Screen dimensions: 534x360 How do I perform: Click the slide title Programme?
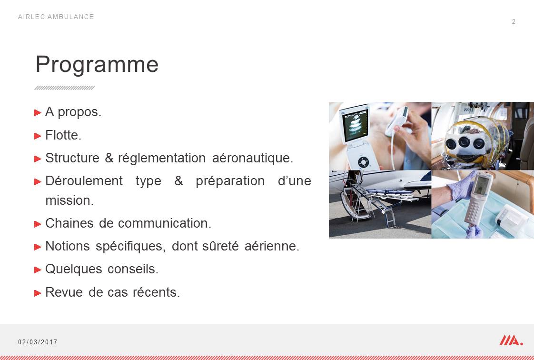click(x=97, y=65)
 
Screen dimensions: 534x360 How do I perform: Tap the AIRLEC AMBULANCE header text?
click(x=56, y=17)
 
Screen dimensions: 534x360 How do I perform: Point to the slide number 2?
click(x=514, y=22)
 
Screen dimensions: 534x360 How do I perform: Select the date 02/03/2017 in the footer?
click(x=38, y=342)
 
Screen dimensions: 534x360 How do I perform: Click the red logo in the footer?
click(x=511, y=340)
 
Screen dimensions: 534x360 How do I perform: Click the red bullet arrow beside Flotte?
click(x=38, y=136)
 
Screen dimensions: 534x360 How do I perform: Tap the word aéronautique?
click(x=252, y=158)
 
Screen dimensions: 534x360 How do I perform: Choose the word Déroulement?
click(x=84, y=181)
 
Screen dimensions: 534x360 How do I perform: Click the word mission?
click(x=69, y=200)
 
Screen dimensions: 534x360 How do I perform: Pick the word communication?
click(x=165, y=223)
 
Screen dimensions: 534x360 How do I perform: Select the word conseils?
click(x=133, y=269)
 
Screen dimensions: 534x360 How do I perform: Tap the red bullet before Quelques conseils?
click(x=38, y=270)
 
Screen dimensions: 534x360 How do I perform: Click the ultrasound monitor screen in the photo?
click(x=356, y=125)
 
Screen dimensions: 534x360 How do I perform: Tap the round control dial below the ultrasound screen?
click(x=364, y=162)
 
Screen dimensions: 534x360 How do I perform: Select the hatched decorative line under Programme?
click(x=65, y=88)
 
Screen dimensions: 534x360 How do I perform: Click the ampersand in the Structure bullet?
click(x=109, y=158)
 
